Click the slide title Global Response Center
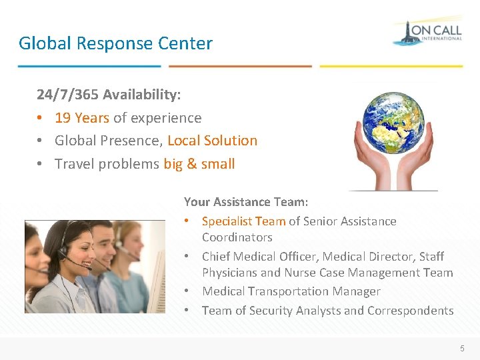tap(115, 44)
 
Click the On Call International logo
tap(427, 31)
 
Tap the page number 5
tap(461, 347)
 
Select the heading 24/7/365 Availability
tap(109, 95)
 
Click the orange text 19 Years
tap(82, 118)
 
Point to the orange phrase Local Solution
tap(212, 141)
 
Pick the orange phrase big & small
tap(199, 164)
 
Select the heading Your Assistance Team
tap(246, 201)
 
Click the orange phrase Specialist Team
tap(243, 221)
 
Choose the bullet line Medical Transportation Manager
tap(291, 291)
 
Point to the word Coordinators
tap(237, 237)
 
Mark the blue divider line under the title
tap(89, 66)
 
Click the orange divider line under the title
tap(240, 66)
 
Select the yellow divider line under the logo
tap(391, 66)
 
